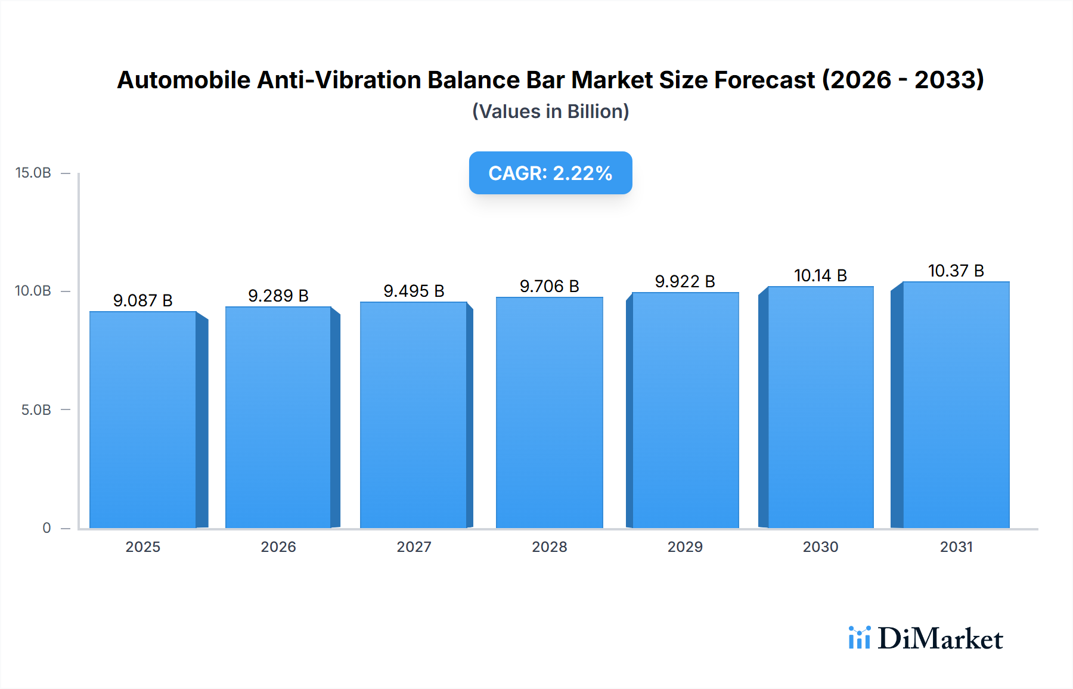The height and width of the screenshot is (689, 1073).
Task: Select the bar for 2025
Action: click(143, 420)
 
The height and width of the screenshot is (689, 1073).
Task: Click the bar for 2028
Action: click(549, 412)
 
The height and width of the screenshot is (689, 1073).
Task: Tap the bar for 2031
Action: click(956, 405)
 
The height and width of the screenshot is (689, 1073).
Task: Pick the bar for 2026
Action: click(278, 417)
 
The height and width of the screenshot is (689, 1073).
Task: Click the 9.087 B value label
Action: click(143, 300)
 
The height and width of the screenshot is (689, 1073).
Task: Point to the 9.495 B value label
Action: click(414, 291)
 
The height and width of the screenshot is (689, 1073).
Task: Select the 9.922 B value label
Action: click(685, 281)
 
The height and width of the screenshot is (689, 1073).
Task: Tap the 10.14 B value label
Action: click(820, 275)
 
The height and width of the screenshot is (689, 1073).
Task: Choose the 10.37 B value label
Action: click(956, 271)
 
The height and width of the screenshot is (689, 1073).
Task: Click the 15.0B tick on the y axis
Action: click(33, 173)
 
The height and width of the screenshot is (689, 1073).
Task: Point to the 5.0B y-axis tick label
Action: click(36, 410)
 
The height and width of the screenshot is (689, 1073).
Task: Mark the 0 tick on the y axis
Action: click(46, 528)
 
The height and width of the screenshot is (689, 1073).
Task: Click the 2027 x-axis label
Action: click(414, 547)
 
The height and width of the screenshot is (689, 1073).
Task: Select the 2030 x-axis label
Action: click(820, 547)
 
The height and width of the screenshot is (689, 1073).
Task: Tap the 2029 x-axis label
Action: click(685, 547)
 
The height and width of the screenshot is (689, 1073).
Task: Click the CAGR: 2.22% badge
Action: click(550, 173)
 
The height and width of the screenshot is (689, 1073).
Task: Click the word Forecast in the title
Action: click(764, 80)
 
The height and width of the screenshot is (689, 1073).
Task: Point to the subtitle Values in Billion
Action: click(550, 111)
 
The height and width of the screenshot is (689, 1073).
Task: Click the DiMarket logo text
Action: click(940, 639)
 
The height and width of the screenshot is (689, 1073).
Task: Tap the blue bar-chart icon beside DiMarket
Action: click(859, 638)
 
